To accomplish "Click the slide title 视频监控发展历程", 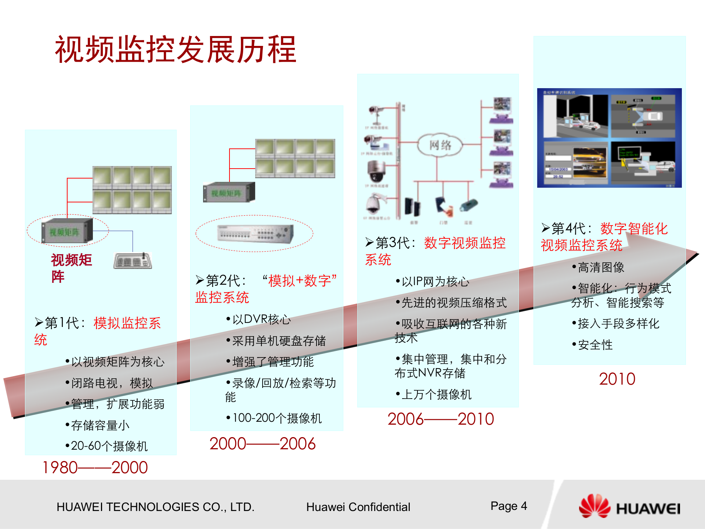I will (176, 50).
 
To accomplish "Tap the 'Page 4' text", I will (509, 506).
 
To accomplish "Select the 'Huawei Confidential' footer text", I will (358, 507).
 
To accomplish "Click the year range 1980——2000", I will (95, 468).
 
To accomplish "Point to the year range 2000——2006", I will (263, 444).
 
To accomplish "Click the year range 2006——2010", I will (441, 419).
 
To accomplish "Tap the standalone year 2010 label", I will (617, 379).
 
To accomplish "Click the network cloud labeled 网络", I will (440, 145).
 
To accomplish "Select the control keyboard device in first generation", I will (133, 261).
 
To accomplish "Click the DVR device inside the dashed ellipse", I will (255, 234).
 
